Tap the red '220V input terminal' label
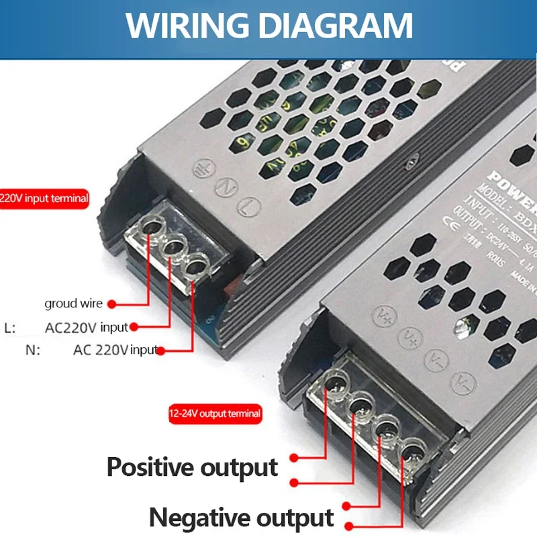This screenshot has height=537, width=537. point(44,199)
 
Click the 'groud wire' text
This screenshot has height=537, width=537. point(73,303)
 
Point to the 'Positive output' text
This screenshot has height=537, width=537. point(192,467)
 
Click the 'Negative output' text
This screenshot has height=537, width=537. point(241,518)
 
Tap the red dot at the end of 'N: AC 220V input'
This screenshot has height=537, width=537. point(161,349)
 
